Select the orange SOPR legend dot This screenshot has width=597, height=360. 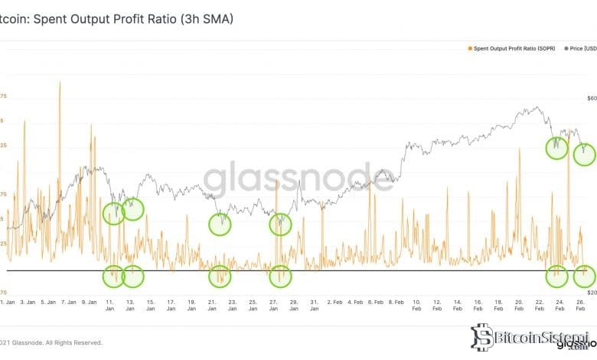click(469, 48)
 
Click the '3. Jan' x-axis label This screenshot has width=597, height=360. click(27, 303)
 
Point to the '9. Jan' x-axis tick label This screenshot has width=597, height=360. click(90, 303)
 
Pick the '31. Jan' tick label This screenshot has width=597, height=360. click(315, 303)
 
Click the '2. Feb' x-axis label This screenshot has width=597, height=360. click(334, 303)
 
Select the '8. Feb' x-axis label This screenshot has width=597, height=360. click(396, 303)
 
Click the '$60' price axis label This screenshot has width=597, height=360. click(591, 98)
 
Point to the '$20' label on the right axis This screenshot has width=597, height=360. click(591, 293)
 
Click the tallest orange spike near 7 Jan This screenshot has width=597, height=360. click(60, 83)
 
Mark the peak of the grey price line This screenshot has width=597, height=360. click(529, 108)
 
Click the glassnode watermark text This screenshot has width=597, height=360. click(298, 181)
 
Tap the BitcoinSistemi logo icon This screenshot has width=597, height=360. click(481, 336)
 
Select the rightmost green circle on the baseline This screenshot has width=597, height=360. click(584, 274)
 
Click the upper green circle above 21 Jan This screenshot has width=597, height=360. click(220, 224)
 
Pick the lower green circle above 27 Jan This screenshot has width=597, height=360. click(281, 274)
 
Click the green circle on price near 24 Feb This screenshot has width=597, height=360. click(556, 147)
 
